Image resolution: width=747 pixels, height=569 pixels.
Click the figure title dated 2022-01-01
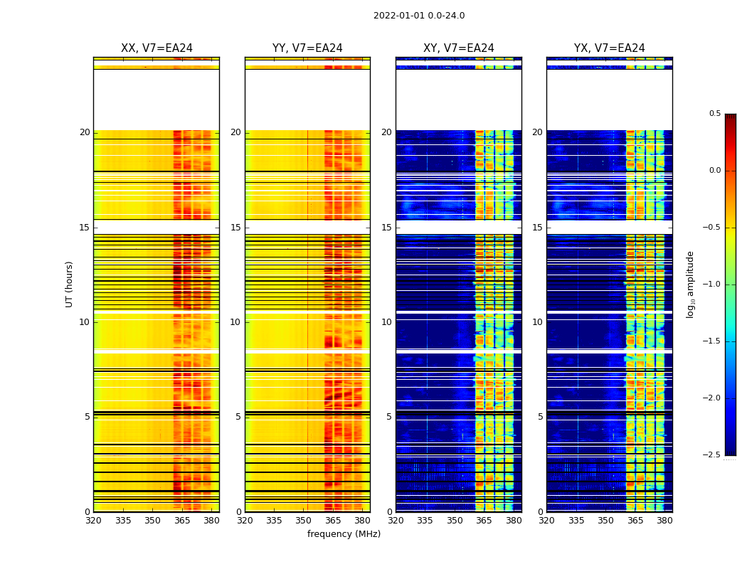(x=419, y=16)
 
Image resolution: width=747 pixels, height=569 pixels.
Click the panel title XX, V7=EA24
(x=157, y=48)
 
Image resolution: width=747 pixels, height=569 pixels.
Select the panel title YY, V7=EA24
(x=307, y=48)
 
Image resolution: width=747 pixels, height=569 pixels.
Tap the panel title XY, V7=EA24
(x=459, y=48)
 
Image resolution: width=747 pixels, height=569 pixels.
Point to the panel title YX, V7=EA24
(x=610, y=48)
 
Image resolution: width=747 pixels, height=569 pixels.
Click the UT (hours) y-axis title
(x=70, y=284)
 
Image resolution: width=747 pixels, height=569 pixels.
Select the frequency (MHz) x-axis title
(x=344, y=534)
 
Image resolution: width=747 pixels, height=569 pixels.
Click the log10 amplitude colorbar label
(x=690, y=284)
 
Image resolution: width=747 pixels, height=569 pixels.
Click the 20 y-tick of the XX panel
(x=85, y=132)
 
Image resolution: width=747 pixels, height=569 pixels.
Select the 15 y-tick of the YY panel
(x=236, y=228)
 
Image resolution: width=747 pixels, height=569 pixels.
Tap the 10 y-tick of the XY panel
(x=387, y=322)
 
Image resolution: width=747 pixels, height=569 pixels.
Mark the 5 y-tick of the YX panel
(x=540, y=417)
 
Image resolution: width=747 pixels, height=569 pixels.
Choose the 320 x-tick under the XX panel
(x=93, y=521)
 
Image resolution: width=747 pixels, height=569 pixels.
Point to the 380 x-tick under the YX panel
(x=664, y=521)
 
